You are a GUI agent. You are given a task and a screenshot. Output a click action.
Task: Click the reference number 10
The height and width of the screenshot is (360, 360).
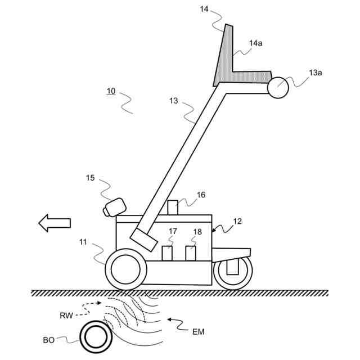[111, 91]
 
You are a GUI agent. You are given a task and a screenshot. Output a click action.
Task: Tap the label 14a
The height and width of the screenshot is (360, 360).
[255, 43]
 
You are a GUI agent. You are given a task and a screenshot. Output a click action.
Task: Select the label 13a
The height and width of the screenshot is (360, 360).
[316, 73]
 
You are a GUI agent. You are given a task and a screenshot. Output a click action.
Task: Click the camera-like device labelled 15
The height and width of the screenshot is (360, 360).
[114, 207]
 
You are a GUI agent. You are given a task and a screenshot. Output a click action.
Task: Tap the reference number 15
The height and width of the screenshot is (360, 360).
[91, 178]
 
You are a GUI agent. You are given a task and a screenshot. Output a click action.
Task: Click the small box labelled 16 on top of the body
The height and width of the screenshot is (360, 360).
[172, 206]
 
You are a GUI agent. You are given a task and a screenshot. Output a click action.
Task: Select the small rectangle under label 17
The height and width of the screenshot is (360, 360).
[168, 253]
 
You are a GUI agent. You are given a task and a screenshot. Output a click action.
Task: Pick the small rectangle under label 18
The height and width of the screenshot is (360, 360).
[191, 253]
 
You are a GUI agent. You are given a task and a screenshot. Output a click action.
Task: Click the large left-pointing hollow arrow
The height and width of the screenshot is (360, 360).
[55, 223]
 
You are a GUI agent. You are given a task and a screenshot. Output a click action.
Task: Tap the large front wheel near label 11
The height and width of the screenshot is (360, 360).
[125, 269]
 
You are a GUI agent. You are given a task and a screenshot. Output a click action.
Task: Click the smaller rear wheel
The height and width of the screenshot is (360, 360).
[232, 273]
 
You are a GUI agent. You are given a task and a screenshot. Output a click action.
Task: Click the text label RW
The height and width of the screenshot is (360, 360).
[66, 316]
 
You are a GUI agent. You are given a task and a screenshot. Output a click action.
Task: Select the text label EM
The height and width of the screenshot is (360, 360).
[197, 332]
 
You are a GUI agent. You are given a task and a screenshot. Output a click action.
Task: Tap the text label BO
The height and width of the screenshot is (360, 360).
[49, 341]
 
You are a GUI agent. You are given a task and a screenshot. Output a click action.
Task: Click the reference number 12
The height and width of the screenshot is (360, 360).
[237, 221]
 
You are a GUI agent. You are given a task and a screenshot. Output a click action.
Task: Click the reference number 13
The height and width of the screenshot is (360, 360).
[173, 101]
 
